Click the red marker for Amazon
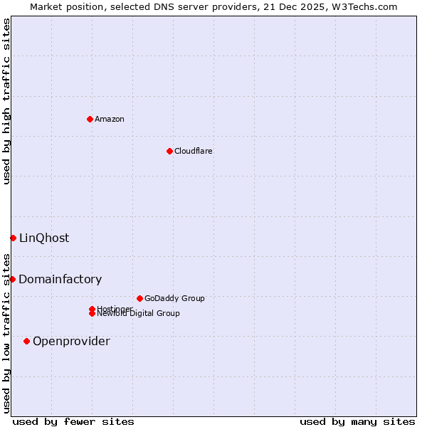tap(90, 119)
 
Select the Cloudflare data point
tap(169, 151)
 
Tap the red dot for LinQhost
tap(13, 238)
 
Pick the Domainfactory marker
tap(12, 279)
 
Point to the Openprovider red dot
tap(27, 341)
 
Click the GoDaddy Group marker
tap(139, 298)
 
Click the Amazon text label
tap(110, 119)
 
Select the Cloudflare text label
tap(193, 151)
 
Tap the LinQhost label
tap(44, 238)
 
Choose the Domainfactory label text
tap(60, 280)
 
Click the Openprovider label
tap(71, 342)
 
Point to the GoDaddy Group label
tap(174, 298)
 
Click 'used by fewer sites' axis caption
tap(73, 421)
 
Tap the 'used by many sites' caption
tap(357, 421)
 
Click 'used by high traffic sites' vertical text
tap(6, 101)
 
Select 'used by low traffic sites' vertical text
tap(6, 332)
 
